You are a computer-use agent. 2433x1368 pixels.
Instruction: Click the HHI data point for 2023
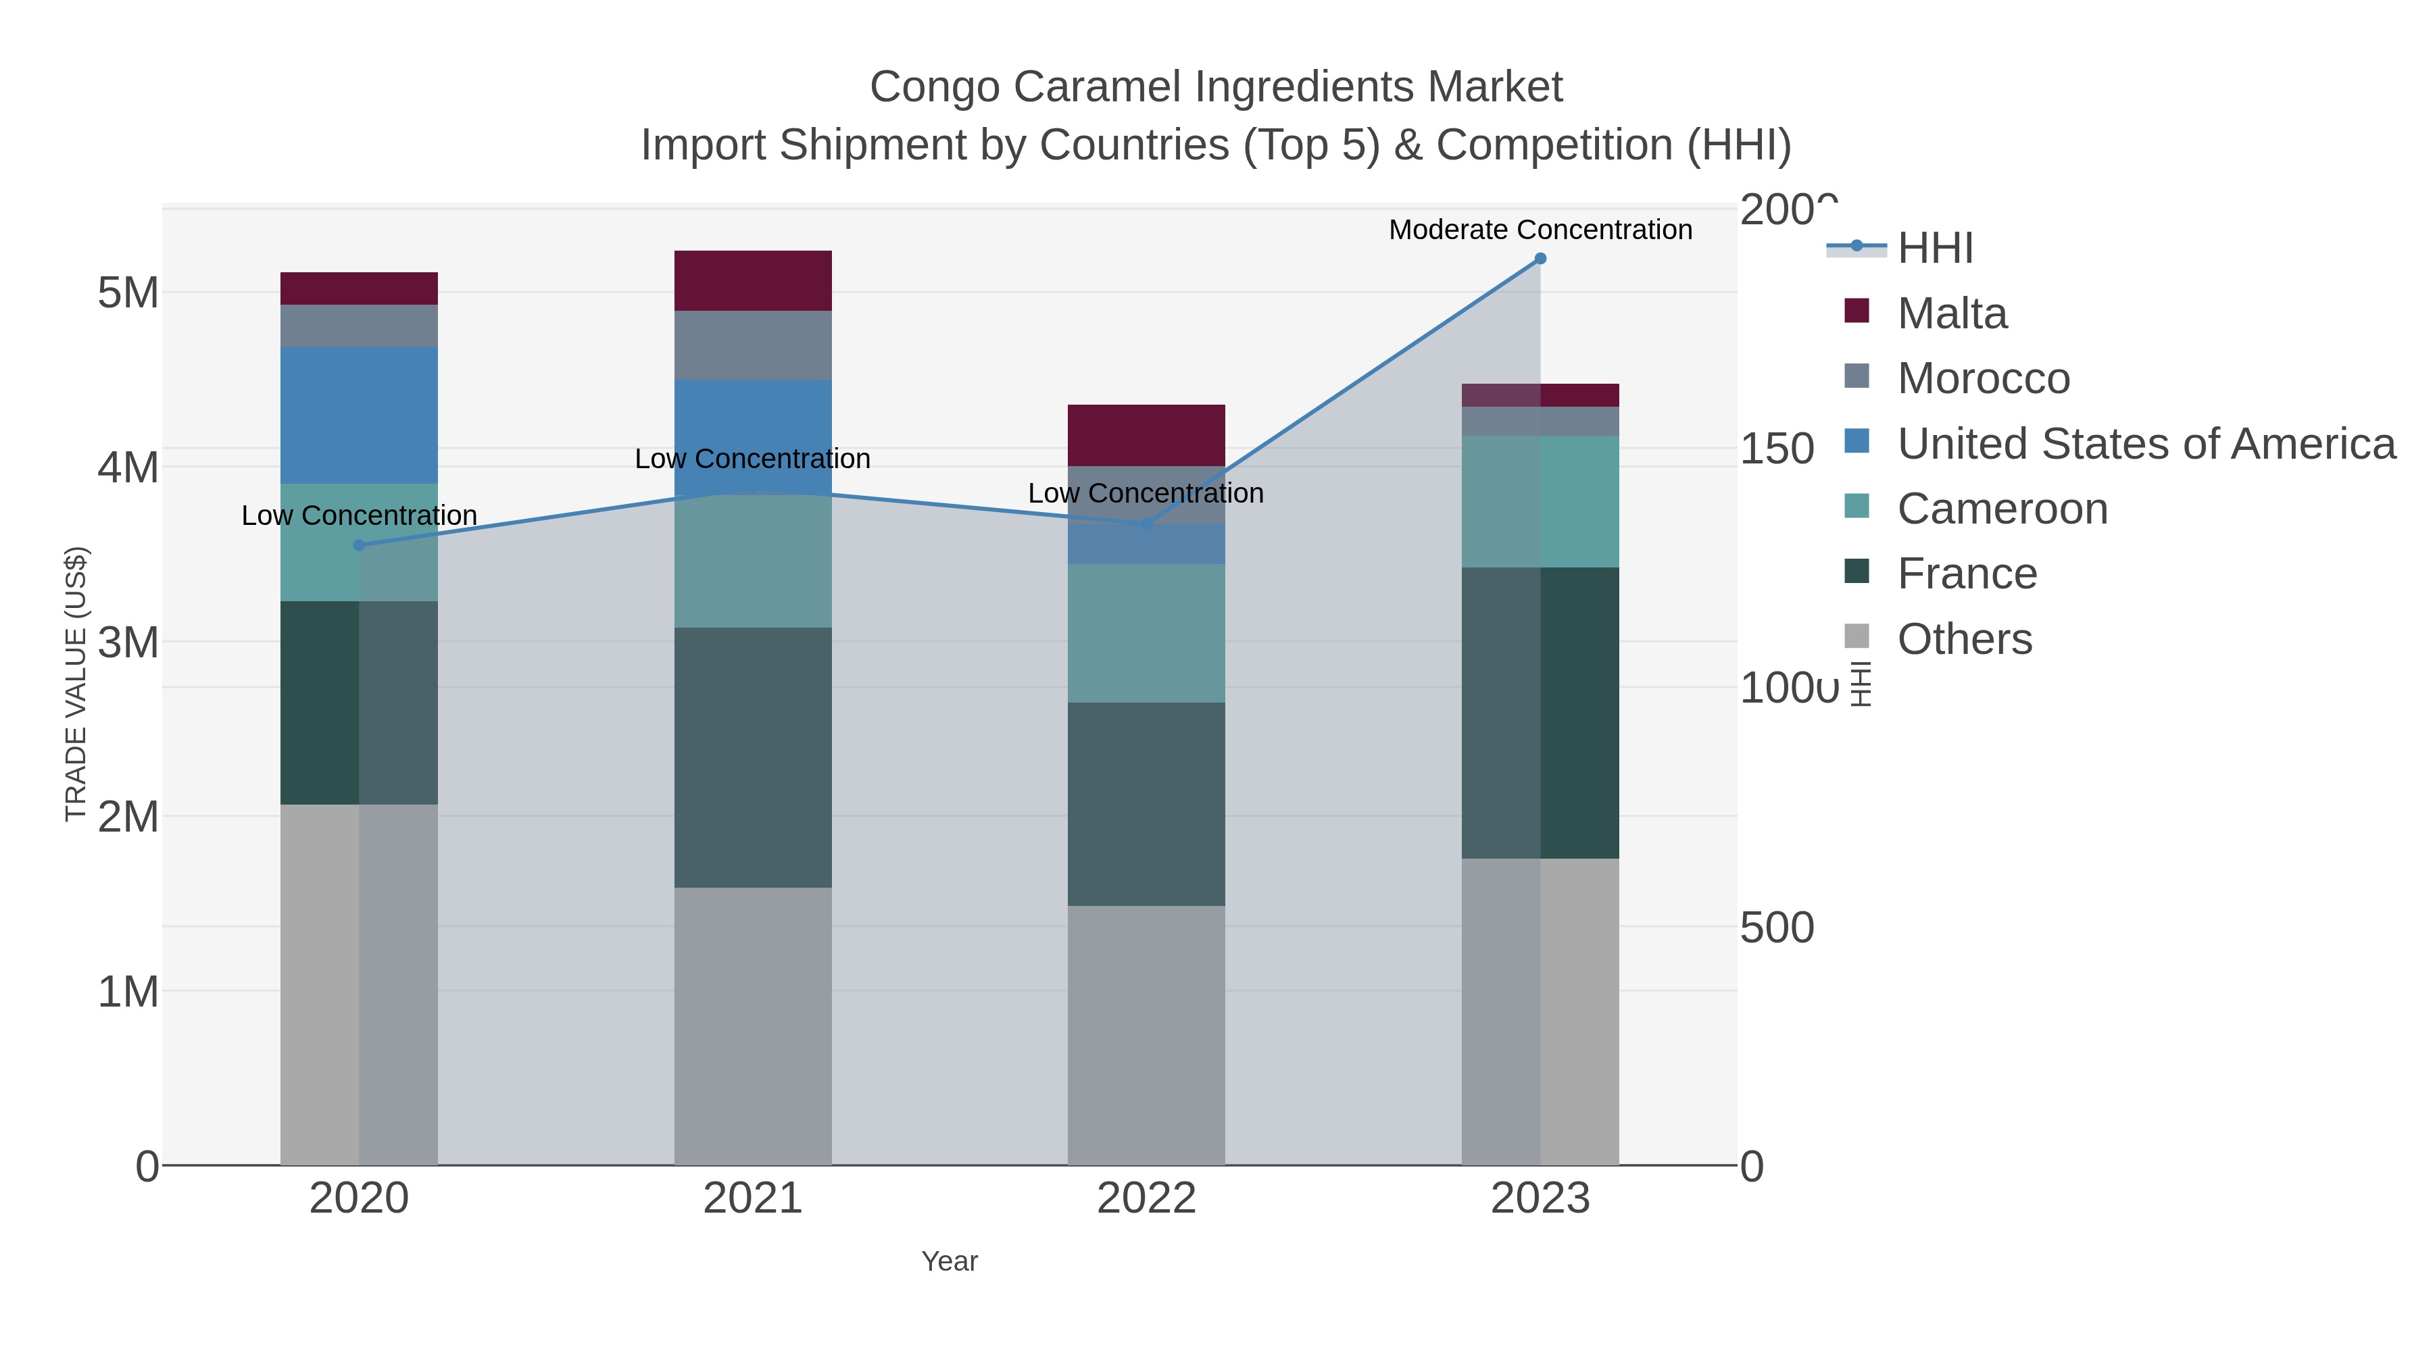[1540, 259]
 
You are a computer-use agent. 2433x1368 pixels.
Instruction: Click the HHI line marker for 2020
[359, 544]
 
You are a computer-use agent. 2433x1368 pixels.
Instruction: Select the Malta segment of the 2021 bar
[753, 280]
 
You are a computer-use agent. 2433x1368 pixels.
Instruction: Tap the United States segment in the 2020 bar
[359, 415]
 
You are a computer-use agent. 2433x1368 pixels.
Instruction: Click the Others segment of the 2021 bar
[753, 1025]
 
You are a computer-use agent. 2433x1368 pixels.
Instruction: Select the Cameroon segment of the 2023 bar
[1540, 501]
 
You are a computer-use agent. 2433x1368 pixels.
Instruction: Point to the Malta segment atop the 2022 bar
[1146, 435]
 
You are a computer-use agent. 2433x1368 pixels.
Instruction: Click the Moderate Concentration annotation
[1540, 230]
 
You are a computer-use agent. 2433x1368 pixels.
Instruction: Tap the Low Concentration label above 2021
[753, 459]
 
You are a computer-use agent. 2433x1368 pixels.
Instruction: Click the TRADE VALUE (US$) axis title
[76, 684]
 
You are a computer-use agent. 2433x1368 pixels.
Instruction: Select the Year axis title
[950, 1261]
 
